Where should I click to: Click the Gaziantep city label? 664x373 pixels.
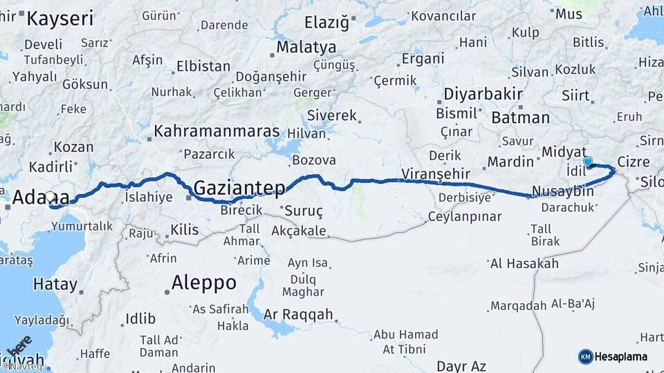[x=239, y=187]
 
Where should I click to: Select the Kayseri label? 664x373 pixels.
[x=59, y=18]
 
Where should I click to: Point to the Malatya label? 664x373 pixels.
[x=306, y=48]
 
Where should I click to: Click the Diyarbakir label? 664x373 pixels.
[x=481, y=94]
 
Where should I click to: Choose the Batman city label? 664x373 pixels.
[x=519, y=117]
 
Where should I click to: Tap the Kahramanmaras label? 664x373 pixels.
[x=216, y=131]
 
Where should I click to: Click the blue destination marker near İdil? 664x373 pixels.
[x=588, y=162]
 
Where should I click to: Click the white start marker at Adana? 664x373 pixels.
[x=50, y=198]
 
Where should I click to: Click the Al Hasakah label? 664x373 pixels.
[x=524, y=263]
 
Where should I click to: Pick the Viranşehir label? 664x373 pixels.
[x=435, y=173]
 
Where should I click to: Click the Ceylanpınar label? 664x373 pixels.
[x=463, y=217]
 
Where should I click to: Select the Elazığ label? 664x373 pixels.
[x=326, y=23]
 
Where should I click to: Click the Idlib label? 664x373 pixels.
[x=141, y=318]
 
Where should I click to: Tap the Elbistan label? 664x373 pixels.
[x=203, y=67]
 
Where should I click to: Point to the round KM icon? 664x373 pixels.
[x=585, y=356]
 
